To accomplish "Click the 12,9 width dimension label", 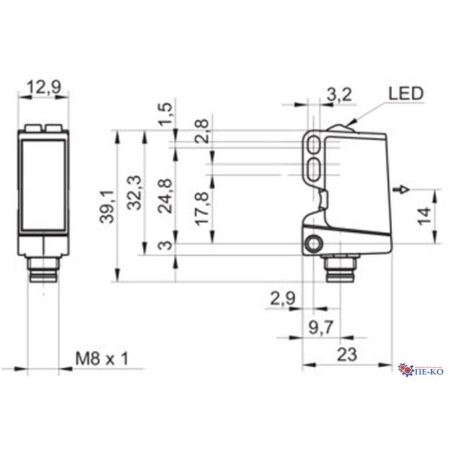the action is click(43, 87).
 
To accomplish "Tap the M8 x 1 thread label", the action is click(102, 359).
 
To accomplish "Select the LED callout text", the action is click(406, 94).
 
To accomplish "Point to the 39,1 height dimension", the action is click(107, 206).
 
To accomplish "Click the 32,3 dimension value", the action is click(134, 192).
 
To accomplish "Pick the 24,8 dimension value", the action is click(166, 196).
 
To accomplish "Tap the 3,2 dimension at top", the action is click(339, 95).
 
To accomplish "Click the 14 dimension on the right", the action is click(424, 216).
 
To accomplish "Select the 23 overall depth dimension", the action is click(347, 354).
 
